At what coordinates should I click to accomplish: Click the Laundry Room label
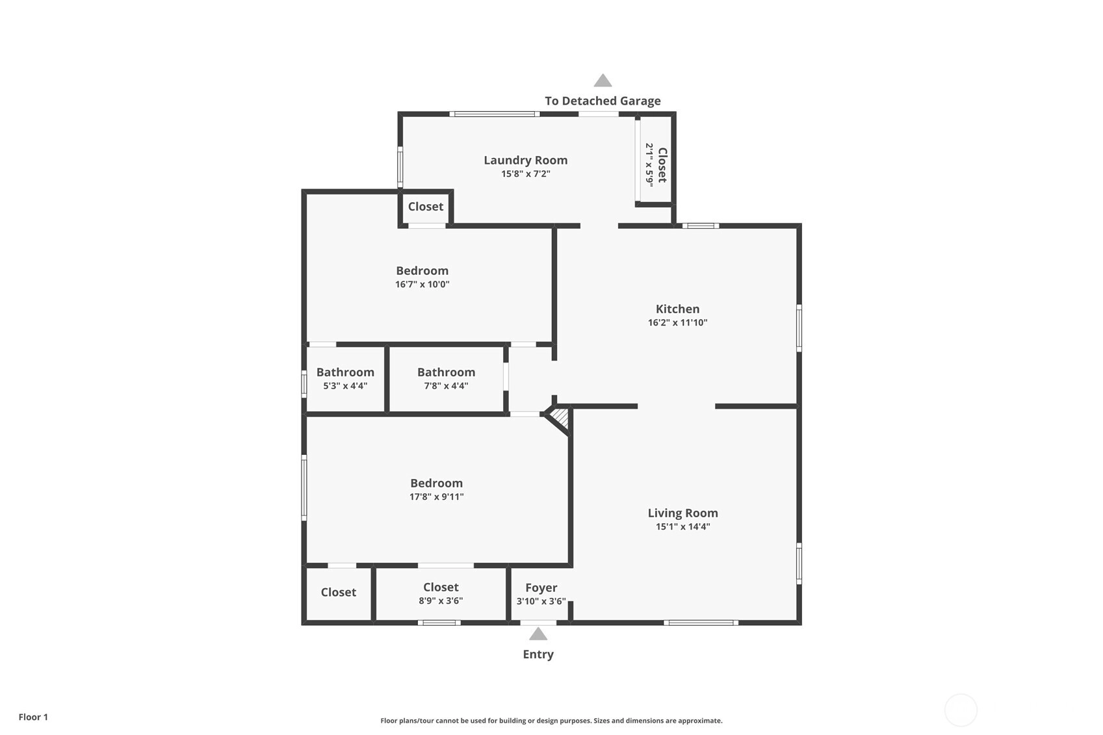[x=525, y=160]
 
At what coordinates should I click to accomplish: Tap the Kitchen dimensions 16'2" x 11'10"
[x=677, y=322]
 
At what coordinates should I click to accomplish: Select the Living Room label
[x=682, y=513]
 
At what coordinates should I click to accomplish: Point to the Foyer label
[x=541, y=587]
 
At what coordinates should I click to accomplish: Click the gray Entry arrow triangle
[x=538, y=634]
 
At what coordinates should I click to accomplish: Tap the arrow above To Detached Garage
[x=603, y=80]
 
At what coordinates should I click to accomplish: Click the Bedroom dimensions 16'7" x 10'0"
[x=422, y=285]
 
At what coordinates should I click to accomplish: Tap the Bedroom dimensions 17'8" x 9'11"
[x=436, y=496]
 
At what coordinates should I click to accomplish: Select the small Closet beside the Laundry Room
[x=426, y=207]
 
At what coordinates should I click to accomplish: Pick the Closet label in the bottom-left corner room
[x=338, y=592]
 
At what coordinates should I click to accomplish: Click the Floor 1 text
[x=34, y=717]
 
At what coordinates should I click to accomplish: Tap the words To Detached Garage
[x=603, y=101]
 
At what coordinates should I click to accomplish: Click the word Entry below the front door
[x=538, y=654]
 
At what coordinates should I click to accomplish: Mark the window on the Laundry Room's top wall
[x=495, y=114]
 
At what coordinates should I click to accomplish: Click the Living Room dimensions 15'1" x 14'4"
[x=682, y=527]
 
